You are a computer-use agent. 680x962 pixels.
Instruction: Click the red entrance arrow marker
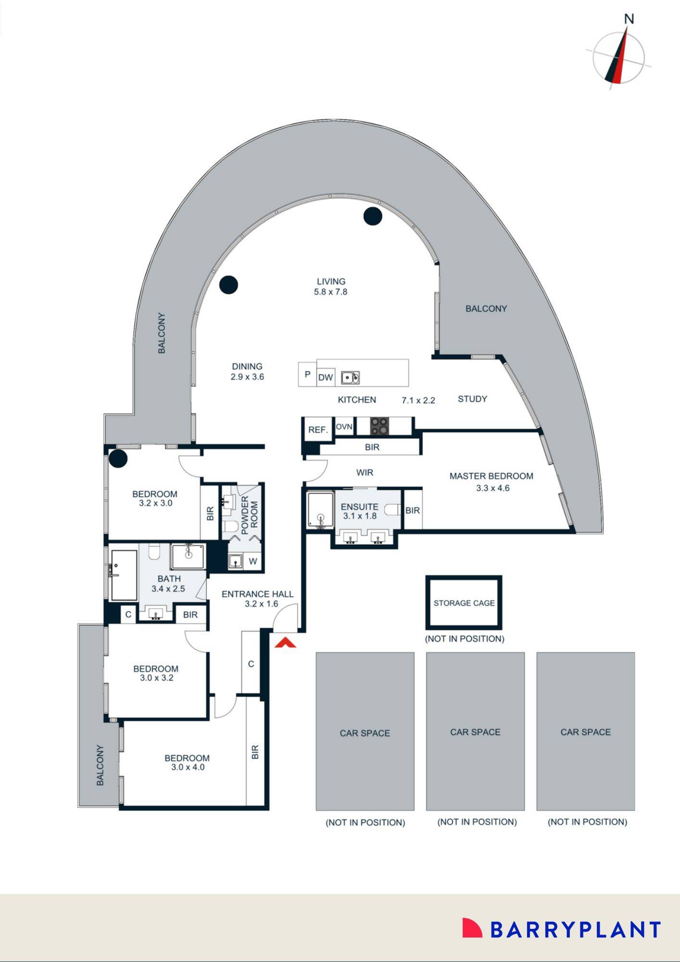(x=285, y=643)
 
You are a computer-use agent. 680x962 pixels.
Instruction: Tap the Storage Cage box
(x=464, y=603)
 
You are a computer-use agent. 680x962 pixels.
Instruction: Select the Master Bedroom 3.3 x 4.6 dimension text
(x=492, y=488)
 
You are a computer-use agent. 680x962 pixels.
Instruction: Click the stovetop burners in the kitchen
(x=379, y=426)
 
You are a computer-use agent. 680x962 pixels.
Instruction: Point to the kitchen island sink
(x=350, y=378)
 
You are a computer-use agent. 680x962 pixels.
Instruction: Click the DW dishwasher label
(x=326, y=378)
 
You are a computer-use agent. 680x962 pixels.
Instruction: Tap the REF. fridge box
(x=318, y=430)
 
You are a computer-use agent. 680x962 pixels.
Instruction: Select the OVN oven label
(x=344, y=427)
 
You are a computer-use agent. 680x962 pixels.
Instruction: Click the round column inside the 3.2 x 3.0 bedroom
(x=118, y=458)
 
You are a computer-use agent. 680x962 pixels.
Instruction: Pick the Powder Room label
(x=250, y=515)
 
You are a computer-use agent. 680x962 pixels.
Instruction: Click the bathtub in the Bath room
(x=124, y=575)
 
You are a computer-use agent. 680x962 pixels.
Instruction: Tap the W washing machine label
(x=253, y=561)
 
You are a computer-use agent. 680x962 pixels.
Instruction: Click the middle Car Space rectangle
(x=475, y=731)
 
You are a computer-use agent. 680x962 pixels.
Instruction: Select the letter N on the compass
(x=629, y=19)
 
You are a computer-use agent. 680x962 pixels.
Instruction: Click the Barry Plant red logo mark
(x=471, y=928)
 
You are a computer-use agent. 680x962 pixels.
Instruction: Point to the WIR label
(x=365, y=472)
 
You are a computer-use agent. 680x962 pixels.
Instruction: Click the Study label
(x=472, y=399)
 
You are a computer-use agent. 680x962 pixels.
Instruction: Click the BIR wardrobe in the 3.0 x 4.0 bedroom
(x=255, y=752)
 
